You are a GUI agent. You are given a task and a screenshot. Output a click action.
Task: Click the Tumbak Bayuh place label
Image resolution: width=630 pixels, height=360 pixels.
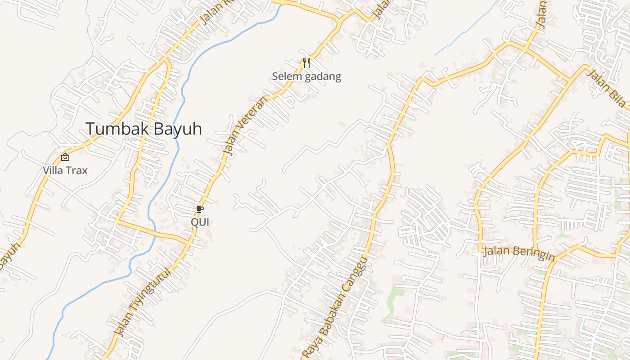point(144,129)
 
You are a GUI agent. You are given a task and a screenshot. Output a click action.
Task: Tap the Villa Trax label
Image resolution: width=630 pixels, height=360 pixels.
point(65,171)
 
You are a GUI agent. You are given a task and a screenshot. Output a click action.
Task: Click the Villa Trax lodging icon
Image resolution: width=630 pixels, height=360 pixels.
point(65,157)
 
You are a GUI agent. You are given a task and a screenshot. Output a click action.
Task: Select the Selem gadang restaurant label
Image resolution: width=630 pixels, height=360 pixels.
point(306,76)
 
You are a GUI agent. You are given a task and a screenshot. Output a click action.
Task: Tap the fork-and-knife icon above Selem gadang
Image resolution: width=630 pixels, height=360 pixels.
point(306,63)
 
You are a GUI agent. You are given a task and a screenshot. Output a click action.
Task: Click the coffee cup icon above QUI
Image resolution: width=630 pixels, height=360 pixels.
point(200,209)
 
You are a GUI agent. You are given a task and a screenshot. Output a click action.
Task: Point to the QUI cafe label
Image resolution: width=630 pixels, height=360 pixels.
point(200,222)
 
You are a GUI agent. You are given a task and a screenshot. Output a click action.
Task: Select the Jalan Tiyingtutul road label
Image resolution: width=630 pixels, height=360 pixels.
point(143,302)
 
